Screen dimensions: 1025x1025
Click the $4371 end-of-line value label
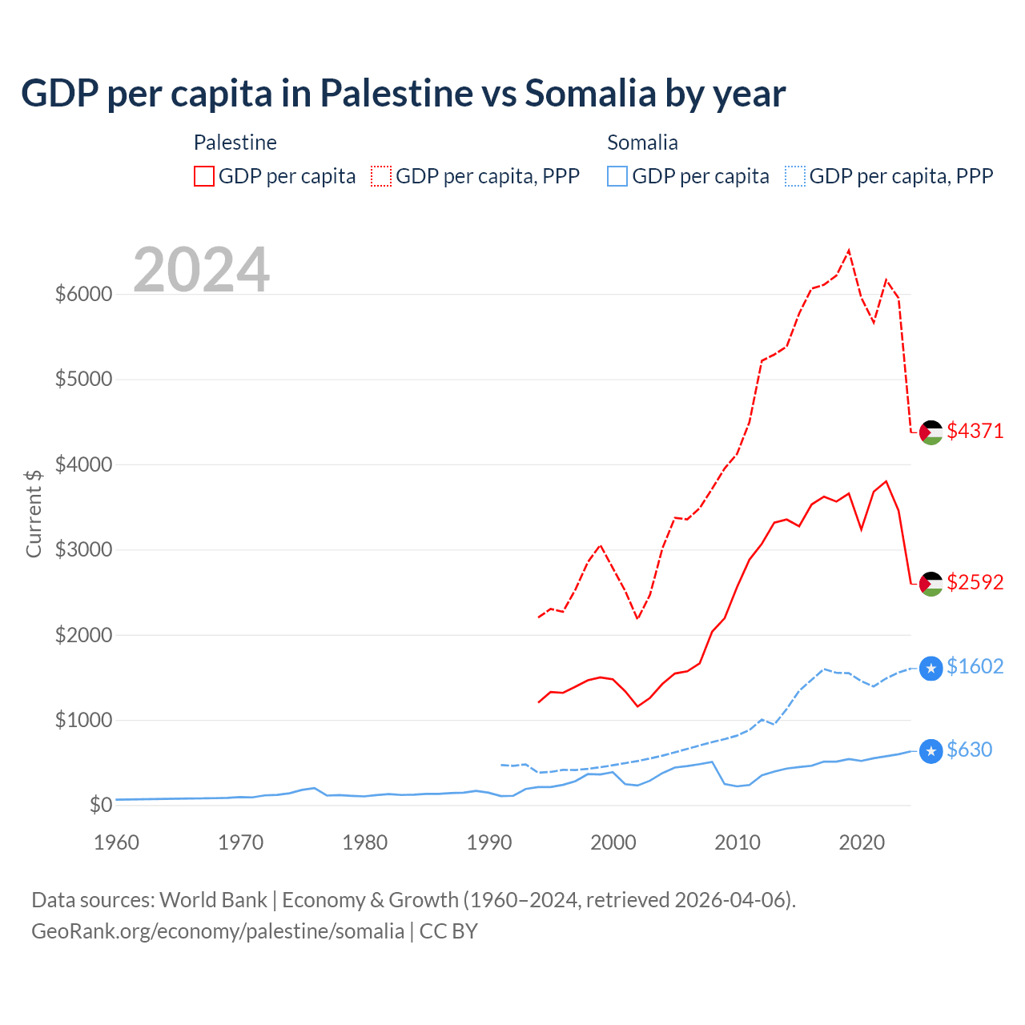[975, 431]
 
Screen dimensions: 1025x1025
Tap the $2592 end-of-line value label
[975, 582]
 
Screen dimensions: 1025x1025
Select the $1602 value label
[975, 666]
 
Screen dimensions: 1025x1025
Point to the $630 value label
[969, 750]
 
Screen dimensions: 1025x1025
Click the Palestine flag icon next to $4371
[931, 432]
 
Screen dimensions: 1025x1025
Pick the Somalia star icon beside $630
[931, 751]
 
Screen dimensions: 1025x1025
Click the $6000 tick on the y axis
[83, 294]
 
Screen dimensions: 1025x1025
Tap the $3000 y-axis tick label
[83, 549]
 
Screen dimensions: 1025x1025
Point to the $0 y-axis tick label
[99, 805]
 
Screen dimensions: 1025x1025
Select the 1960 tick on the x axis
[117, 842]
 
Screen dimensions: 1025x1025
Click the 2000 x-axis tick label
[613, 842]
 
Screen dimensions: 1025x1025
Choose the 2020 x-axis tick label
[862, 842]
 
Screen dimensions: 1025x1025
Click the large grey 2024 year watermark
[201, 270]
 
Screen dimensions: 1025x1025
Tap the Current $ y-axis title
[34, 513]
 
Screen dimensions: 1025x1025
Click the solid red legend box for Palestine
[204, 176]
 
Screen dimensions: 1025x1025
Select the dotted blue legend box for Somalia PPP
[795, 176]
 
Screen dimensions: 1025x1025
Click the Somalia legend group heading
[642, 143]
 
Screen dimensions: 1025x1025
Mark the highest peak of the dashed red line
[849, 251]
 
